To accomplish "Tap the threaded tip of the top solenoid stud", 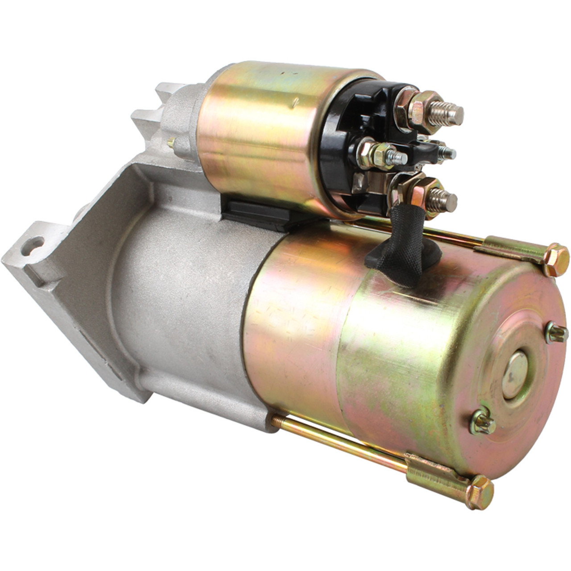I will pyautogui.click(x=451, y=114).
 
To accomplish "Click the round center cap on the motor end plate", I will pyautogui.click(x=515, y=374).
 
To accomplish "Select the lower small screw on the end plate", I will pyautogui.click(x=482, y=422).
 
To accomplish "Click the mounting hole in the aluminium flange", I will pyautogui.click(x=33, y=246).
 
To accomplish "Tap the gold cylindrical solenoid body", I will pyautogui.click(x=259, y=134).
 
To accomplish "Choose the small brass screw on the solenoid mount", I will pyautogui.click(x=170, y=143).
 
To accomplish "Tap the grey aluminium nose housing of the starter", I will pyautogui.click(x=178, y=303).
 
